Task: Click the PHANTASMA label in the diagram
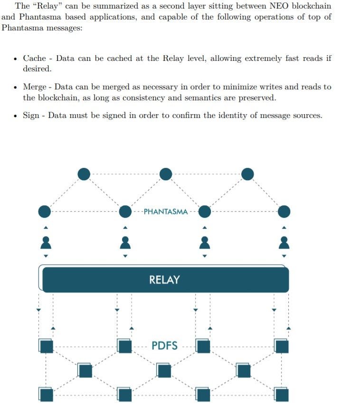(165, 212)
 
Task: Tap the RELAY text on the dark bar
(164, 280)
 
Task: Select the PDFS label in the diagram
(164, 346)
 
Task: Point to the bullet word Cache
(35, 58)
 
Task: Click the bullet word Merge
(35, 87)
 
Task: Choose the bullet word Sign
(31, 115)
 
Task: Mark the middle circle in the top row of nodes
(166, 174)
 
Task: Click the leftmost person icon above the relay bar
(46, 242)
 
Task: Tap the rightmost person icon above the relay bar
(284, 242)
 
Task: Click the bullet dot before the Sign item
(16, 116)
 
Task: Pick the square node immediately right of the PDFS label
(203, 346)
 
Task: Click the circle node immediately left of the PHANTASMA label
(125, 211)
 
